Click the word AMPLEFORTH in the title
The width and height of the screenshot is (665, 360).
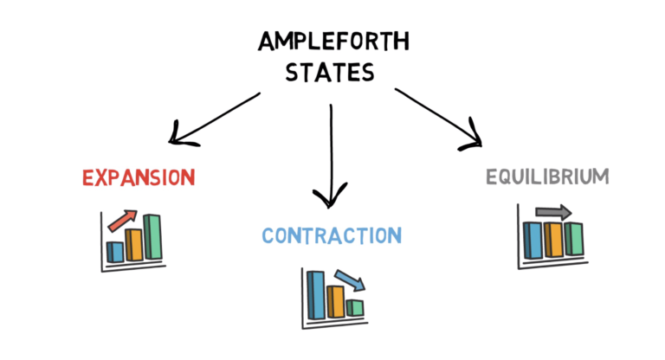pos(332,41)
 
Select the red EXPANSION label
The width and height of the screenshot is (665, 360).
pos(139,178)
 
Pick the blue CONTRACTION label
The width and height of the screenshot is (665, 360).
pos(332,235)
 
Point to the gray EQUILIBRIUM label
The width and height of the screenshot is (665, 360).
pos(546,177)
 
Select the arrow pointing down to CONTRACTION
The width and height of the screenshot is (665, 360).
pos(331,156)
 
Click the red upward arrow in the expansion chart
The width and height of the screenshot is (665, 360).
pos(124,219)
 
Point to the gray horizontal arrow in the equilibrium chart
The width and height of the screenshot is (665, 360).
pos(553,211)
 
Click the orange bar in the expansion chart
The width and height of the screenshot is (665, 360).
pos(134,244)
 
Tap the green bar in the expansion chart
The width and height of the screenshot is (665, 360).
pos(153,236)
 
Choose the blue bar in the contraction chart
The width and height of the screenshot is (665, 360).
pos(316,294)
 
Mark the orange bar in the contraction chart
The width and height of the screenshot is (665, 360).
pos(336,300)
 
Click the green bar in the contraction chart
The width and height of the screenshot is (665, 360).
pos(355,307)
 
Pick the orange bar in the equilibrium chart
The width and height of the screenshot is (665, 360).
pos(553,240)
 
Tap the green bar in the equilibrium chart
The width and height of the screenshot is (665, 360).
pos(573,239)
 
